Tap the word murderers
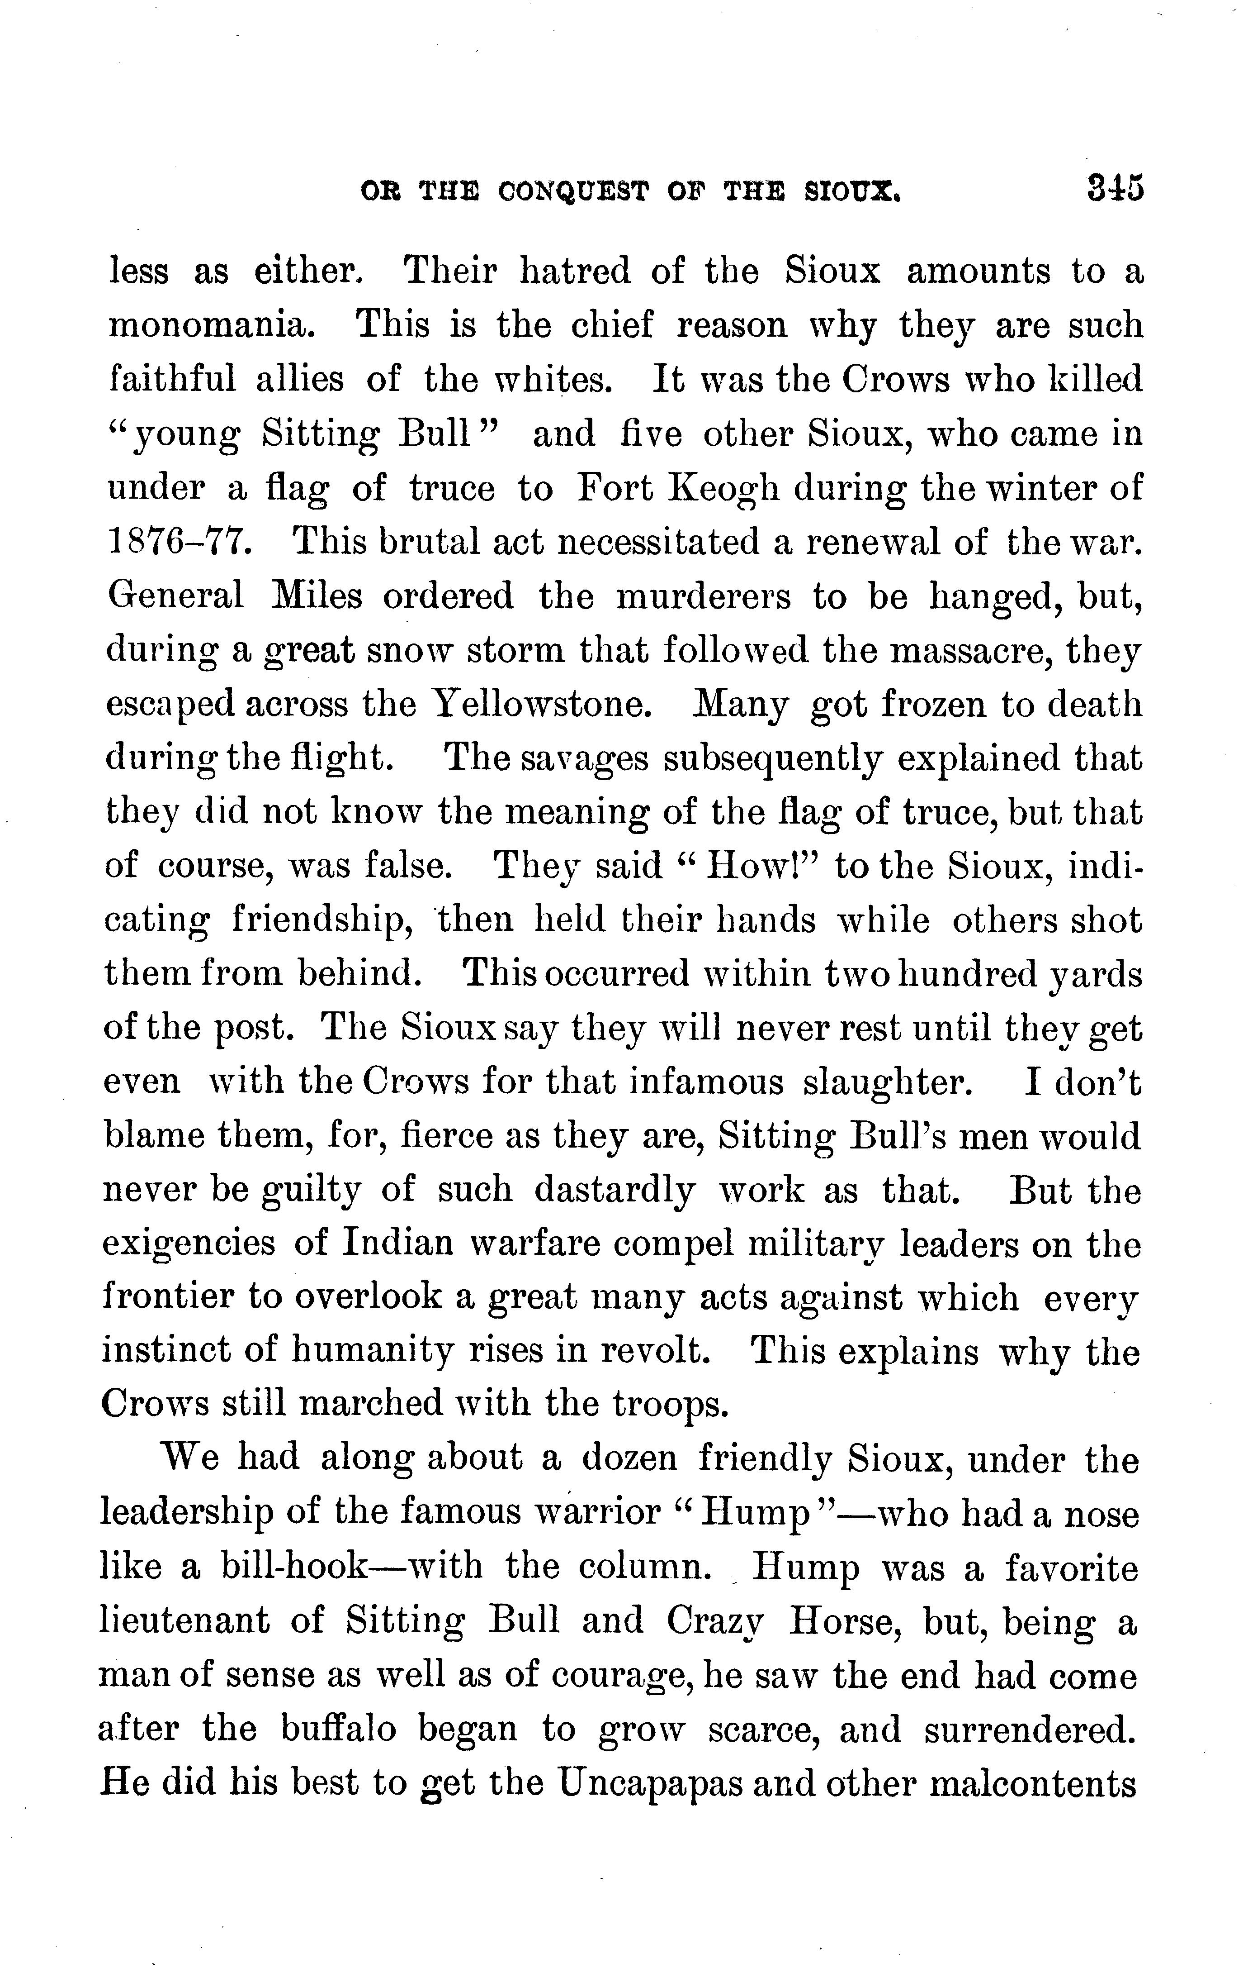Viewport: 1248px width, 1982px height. [704, 596]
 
